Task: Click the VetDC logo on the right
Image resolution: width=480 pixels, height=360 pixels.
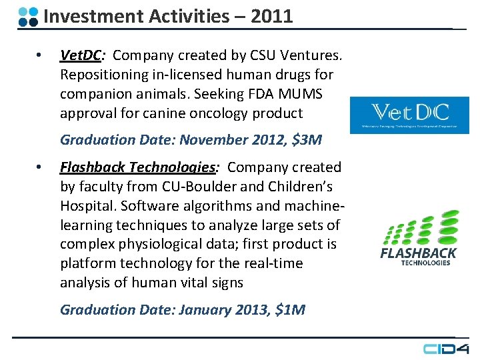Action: pyautogui.click(x=409, y=115)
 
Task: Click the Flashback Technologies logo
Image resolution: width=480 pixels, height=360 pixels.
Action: pyautogui.click(x=418, y=238)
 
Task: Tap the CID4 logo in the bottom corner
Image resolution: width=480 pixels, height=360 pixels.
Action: pyautogui.click(x=446, y=348)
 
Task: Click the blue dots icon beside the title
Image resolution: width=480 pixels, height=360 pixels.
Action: pyautogui.click(x=28, y=17)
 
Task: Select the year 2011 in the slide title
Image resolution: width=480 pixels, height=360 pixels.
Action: pyautogui.click(x=271, y=17)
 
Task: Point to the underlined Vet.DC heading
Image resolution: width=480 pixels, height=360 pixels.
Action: pyautogui.click(x=79, y=55)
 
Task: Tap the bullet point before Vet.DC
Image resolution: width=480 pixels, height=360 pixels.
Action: pyautogui.click(x=39, y=55)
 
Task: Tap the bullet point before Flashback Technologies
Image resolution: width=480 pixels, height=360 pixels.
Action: pyautogui.click(x=39, y=167)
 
